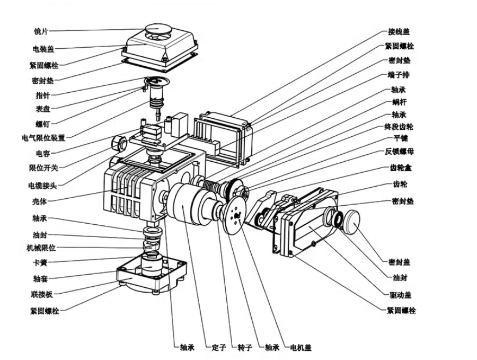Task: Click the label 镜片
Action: tap(40, 31)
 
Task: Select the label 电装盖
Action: tap(43, 49)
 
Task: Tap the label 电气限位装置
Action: tap(43, 138)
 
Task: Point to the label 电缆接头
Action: tap(42, 186)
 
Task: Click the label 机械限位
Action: tap(41, 248)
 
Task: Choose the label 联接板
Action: tap(42, 294)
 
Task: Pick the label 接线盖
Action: tap(399, 32)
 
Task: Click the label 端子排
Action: tap(399, 75)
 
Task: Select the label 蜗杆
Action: tap(399, 102)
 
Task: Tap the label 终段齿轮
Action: tap(399, 127)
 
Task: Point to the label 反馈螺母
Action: tap(399, 151)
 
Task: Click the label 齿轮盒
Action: tap(401, 168)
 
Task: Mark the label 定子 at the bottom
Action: tap(219, 347)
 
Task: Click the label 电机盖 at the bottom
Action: tap(301, 347)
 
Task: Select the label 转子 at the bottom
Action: tap(245, 347)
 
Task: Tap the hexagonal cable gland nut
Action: tap(118, 143)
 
